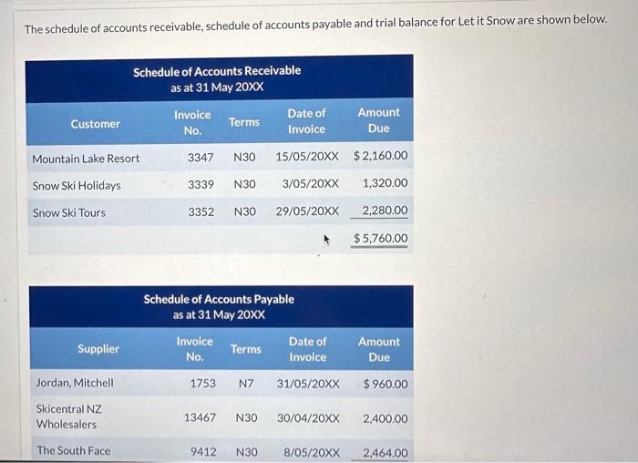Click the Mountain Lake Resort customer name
click(86, 159)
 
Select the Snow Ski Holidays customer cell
click(77, 186)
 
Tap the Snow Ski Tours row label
click(69, 213)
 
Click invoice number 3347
click(201, 158)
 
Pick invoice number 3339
click(201, 184)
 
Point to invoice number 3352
click(201, 211)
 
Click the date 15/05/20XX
click(307, 157)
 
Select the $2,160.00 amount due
click(380, 157)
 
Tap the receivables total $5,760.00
click(380, 239)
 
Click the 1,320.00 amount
click(385, 183)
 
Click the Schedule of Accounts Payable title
click(219, 299)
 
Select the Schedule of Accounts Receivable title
click(217, 70)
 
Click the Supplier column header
click(98, 349)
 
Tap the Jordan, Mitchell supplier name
click(75, 384)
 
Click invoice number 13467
click(200, 418)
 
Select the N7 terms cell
click(245, 384)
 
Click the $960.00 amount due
click(386, 384)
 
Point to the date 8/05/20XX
click(312, 452)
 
